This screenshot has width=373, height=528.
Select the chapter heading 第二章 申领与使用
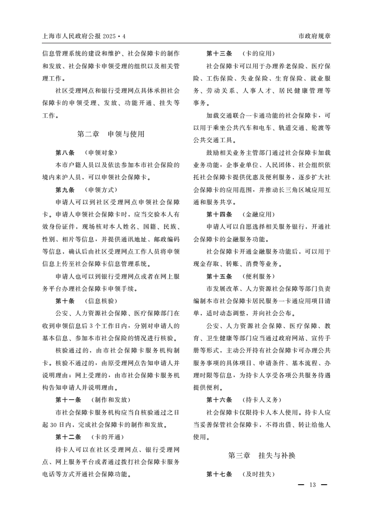pos(111,134)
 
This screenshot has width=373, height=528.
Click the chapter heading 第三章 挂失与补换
pos(262,456)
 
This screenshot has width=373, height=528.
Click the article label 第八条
pos(65,153)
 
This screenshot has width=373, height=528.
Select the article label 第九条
pos(65,190)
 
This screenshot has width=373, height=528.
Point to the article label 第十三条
pos(219,53)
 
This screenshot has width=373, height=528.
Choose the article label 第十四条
pos(219,214)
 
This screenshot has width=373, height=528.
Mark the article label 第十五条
pos(219,276)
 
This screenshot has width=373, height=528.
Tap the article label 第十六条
pos(219,400)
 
